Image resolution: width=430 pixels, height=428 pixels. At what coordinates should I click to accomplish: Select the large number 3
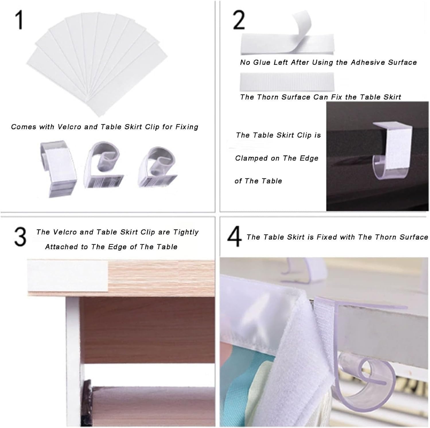(x=20, y=237)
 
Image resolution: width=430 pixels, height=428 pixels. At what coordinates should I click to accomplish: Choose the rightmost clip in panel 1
(x=158, y=167)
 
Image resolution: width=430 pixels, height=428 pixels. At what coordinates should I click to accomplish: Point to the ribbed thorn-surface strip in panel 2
(x=287, y=81)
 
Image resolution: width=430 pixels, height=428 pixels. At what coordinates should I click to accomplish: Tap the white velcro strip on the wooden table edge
(x=68, y=275)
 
